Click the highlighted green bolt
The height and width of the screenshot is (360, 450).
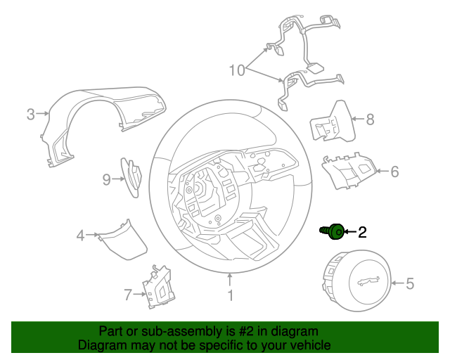click(333, 231)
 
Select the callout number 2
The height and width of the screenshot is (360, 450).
click(362, 232)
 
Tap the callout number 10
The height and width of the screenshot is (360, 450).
click(237, 70)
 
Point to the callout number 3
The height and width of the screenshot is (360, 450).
click(31, 115)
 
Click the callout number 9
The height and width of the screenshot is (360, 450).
click(106, 180)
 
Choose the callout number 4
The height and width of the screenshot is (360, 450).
click(80, 236)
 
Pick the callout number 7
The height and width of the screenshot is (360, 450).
click(128, 295)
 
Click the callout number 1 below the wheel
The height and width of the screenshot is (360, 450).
click(231, 296)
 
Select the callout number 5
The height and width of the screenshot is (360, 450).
click(410, 283)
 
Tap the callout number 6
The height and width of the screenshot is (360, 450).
click(395, 172)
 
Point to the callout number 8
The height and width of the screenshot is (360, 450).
click(371, 120)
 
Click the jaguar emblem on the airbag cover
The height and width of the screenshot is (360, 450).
click(368, 281)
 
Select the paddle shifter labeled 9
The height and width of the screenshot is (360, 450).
click(131, 178)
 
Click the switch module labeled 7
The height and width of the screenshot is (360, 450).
click(159, 286)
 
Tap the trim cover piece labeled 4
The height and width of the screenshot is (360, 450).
click(122, 240)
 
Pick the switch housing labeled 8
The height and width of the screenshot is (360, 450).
click(333, 122)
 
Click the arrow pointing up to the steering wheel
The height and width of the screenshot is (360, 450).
click(230, 280)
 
